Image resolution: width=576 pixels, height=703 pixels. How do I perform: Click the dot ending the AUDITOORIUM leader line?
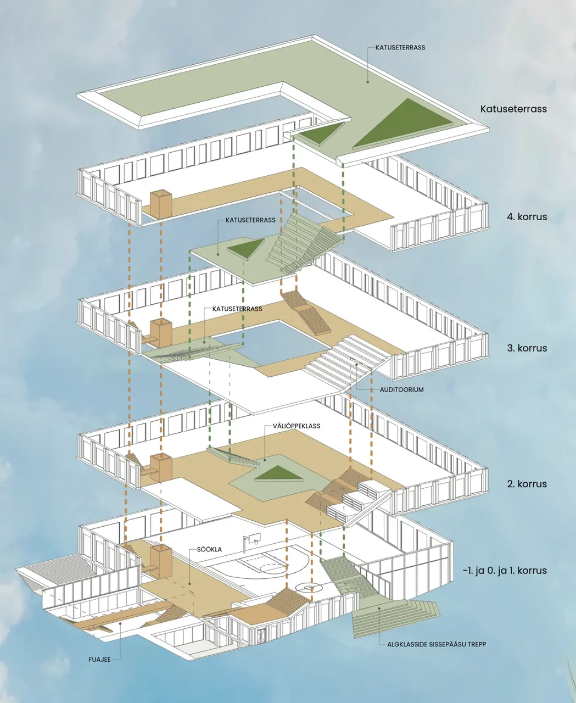pyautogui.click(x=356, y=365)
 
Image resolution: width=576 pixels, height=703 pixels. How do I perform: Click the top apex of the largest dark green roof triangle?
pyautogui.click(x=407, y=99)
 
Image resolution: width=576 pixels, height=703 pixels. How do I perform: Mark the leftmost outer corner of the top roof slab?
pyautogui.click(x=77, y=95)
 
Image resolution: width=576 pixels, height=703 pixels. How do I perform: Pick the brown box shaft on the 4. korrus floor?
pyautogui.click(x=161, y=204)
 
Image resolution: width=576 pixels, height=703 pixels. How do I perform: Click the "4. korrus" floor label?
pyautogui.click(x=527, y=216)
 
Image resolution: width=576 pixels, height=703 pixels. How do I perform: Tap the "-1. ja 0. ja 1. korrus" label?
pyautogui.click(x=505, y=570)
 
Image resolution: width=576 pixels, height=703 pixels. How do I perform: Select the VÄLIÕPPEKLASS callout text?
pyautogui.click(x=297, y=426)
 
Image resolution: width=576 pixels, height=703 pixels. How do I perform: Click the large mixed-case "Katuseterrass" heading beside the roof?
pyautogui.click(x=513, y=109)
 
